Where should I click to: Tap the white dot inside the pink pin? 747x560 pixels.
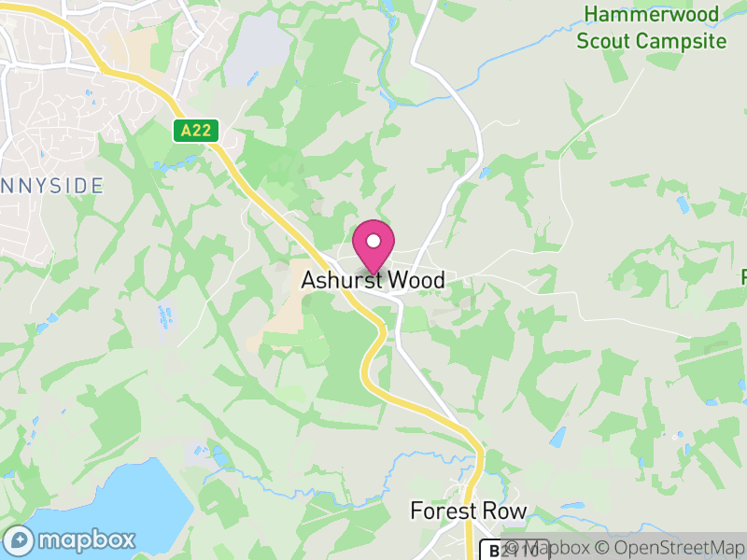coord(373,241)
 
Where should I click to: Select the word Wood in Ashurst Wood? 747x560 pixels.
coord(416,280)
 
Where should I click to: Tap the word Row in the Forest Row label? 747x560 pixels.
coord(506,511)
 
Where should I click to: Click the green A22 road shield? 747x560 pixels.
coord(195,130)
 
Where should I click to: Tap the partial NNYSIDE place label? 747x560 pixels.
coord(51,186)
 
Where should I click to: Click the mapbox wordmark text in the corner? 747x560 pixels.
coord(87,540)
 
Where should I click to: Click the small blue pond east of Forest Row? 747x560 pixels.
coord(559,436)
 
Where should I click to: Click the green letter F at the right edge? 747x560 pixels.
coord(744,277)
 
